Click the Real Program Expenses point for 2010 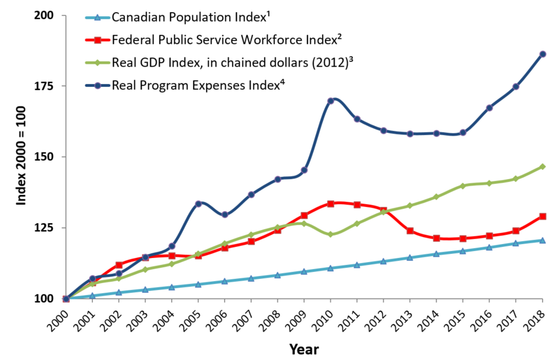[331, 101]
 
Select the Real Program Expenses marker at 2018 [542, 54]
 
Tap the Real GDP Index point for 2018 [542, 166]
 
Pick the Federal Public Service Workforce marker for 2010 [331, 203]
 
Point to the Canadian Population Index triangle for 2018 [542, 240]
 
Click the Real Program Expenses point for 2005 [198, 203]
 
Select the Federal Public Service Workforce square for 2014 [436, 238]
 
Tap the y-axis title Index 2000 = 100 [20, 157]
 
